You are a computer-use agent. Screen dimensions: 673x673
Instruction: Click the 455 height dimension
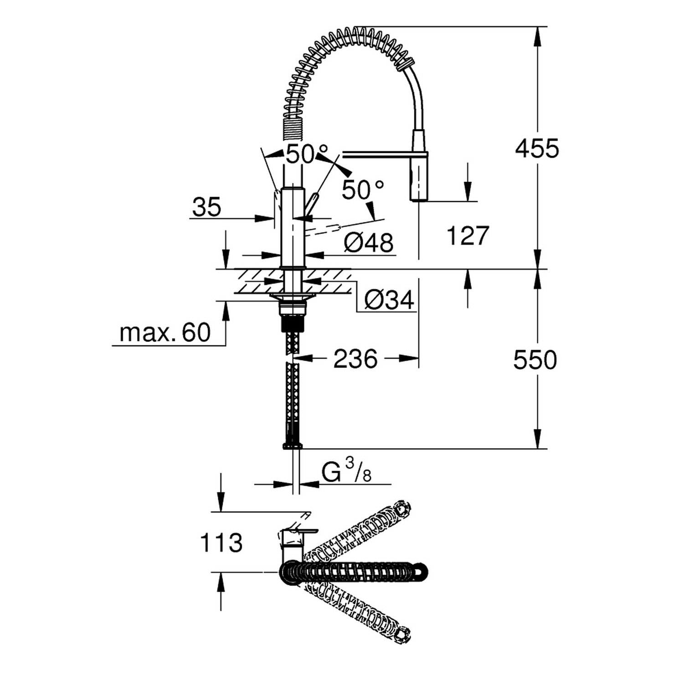coord(537,149)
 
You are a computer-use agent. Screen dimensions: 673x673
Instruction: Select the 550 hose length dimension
coord(535,360)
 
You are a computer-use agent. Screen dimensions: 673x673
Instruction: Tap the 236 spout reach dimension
coord(355,359)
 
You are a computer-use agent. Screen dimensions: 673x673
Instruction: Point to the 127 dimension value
coord(468,236)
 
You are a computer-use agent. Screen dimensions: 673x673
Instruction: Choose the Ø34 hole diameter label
coord(389,300)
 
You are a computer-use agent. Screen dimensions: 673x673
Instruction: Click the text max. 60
coord(165,333)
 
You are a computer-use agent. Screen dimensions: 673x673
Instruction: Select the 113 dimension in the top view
coord(221,543)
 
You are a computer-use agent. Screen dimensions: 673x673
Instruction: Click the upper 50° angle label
coord(306,154)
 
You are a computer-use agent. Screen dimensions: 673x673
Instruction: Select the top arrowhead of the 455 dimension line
coord(538,36)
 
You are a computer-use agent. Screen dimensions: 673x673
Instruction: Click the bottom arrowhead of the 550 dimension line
coord(538,439)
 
